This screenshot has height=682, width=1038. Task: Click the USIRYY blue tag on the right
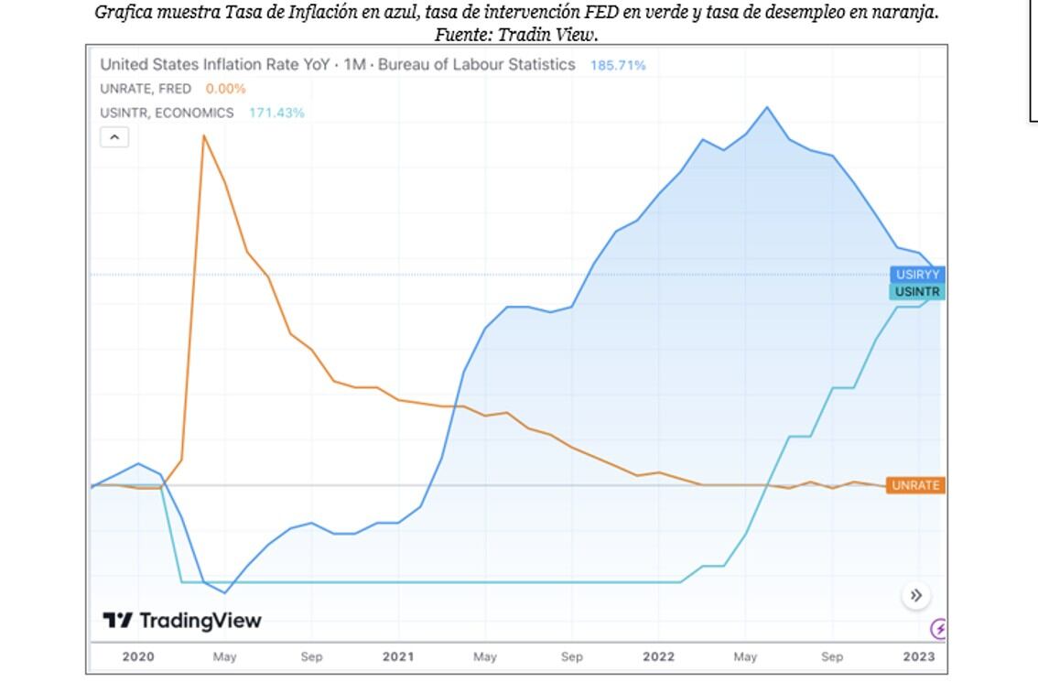(x=917, y=275)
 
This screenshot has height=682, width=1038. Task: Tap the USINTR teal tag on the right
(x=917, y=292)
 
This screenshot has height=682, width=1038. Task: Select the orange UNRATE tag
(x=915, y=485)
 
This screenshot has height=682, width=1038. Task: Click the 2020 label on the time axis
(x=138, y=656)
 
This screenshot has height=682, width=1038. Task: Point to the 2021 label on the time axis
(x=398, y=656)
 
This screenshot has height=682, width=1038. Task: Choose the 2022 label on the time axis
(x=658, y=656)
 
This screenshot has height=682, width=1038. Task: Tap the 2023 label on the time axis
(x=919, y=656)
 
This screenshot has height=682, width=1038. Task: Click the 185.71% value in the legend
(x=618, y=65)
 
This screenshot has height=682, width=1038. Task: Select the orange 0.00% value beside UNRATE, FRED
(x=225, y=89)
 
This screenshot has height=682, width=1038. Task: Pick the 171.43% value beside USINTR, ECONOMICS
(x=276, y=113)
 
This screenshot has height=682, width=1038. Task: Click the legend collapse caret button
(x=114, y=137)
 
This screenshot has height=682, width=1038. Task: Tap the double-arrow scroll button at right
(x=915, y=595)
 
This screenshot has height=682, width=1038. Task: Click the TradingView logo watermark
(x=182, y=621)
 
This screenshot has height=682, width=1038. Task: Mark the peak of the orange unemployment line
(x=203, y=135)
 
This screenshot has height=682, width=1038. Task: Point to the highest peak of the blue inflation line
(x=767, y=107)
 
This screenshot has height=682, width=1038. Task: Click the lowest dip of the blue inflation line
(x=225, y=593)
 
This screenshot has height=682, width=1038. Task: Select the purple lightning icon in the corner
(x=938, y=629)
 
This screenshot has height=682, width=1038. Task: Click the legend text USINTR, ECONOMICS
(x=167, y=113)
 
